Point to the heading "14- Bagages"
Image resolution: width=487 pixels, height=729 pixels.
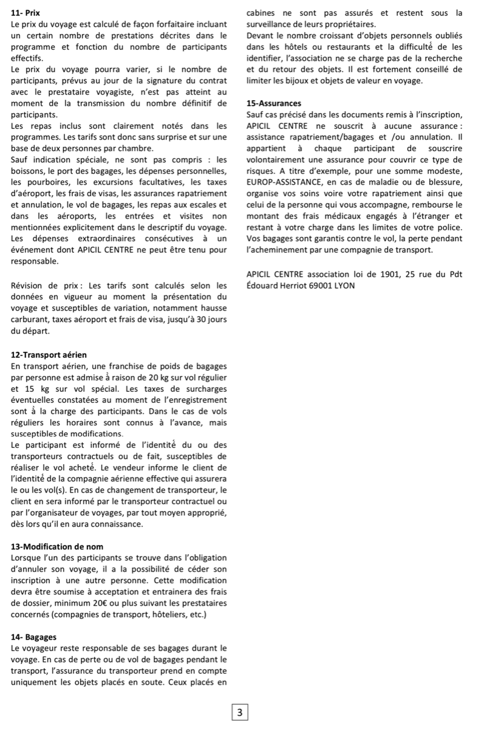pos(34,637)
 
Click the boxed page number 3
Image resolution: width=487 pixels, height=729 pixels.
pos(240,712)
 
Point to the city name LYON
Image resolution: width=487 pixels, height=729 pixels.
pos(344,285)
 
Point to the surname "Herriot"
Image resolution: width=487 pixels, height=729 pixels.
pos(288,285)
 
